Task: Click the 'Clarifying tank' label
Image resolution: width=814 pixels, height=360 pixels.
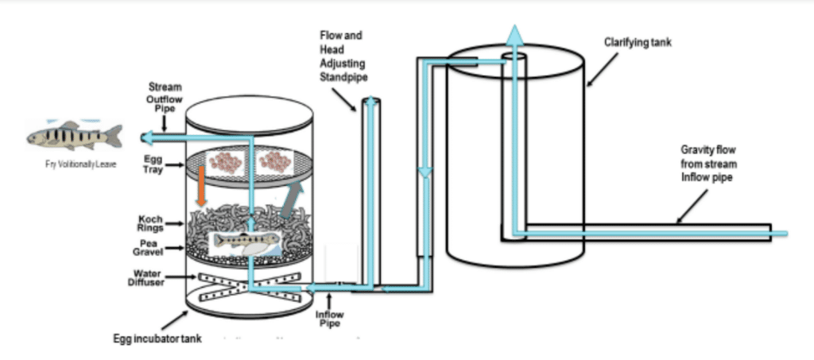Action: [638, 42]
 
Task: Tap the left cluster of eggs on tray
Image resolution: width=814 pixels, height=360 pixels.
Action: [225, 161]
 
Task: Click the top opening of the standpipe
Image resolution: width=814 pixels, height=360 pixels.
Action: [370, 101]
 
